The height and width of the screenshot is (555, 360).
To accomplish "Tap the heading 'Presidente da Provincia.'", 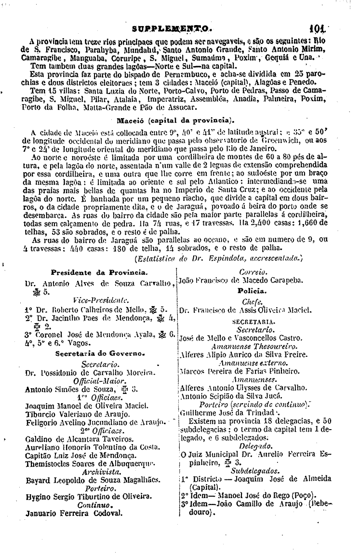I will point(99,271).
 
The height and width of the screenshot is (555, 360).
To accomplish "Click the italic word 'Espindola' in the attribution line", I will point(233,258).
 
